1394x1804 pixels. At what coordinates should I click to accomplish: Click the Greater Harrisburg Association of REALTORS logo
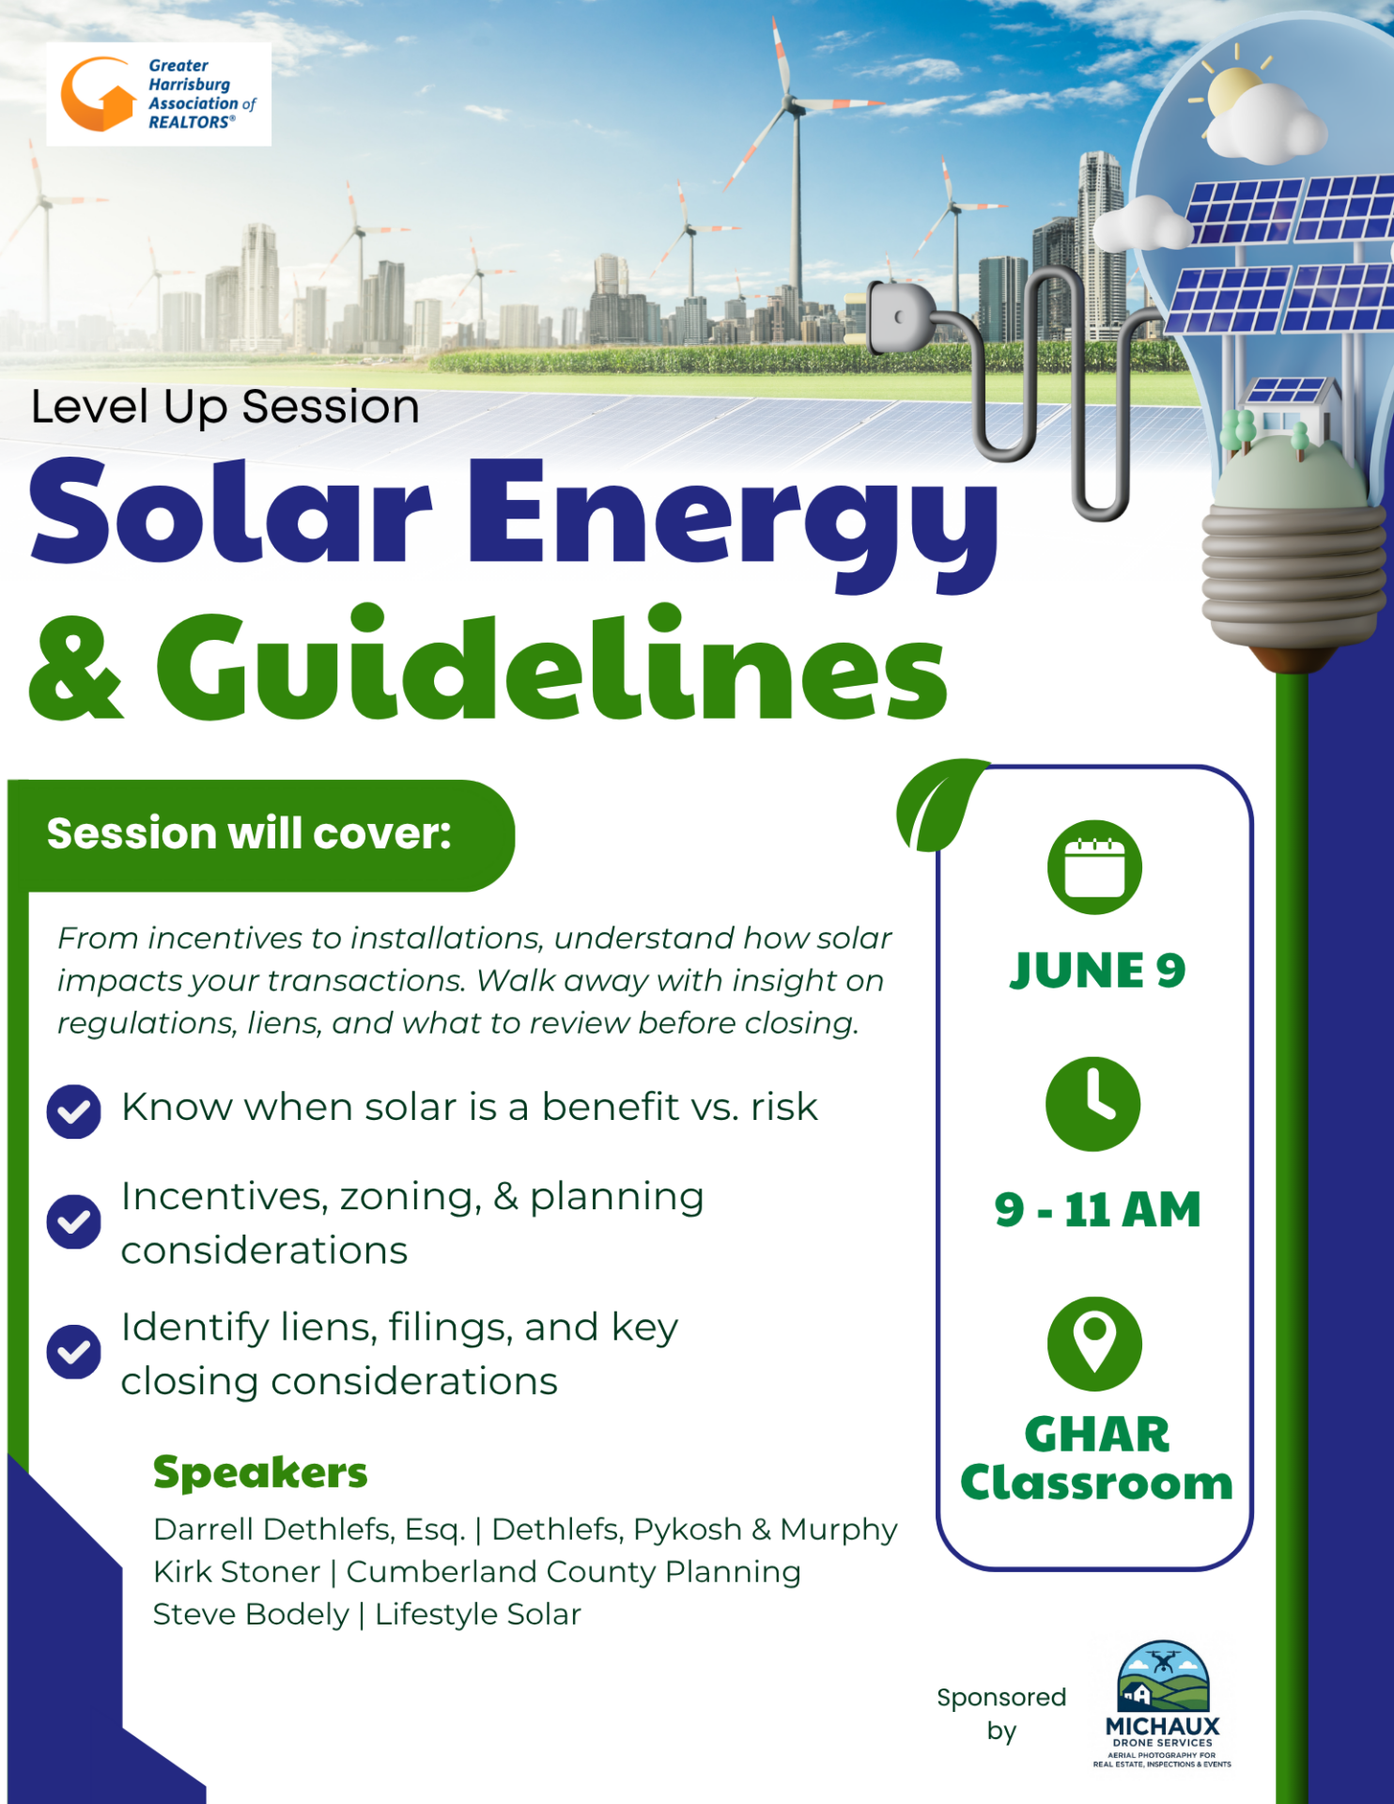tap(159, 94)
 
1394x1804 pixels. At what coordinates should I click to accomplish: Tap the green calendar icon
tap(1094, 867)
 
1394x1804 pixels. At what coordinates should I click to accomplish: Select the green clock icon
tap(1093, 1104)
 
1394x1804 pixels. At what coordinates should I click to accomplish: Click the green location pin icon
tap(1094, 1344)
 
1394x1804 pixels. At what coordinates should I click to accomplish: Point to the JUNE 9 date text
tap(1097, 971)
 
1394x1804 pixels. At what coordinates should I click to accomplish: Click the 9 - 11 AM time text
tap(1097, 1209)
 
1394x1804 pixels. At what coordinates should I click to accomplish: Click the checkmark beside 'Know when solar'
tap(73, 1112)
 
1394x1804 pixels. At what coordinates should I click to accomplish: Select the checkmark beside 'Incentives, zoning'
tap(73, 1221)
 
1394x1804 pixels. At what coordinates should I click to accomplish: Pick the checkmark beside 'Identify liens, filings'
tap(73, 1351)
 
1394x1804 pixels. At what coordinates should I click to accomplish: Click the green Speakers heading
tap(260, 1473)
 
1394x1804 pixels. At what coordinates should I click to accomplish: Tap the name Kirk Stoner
tap(237, 1572)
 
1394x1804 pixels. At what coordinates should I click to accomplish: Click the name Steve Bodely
tap(251, 1614)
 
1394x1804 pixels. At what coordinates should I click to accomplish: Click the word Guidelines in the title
tap(551, 663)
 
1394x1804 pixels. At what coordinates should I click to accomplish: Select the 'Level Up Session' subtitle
tap(225, 408)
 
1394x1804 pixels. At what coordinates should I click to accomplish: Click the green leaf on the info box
tap(940, 804)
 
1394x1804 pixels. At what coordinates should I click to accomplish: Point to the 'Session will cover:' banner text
tap(249, 833)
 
